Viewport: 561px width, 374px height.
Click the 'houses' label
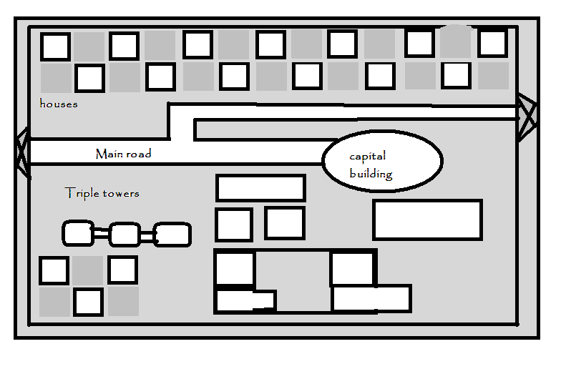click(59, 104)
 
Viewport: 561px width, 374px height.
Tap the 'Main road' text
click(123, 154)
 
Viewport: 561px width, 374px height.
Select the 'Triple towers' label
click(102, 193)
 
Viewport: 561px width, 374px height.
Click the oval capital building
click(381, 161)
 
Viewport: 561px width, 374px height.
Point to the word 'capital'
click(367, 157)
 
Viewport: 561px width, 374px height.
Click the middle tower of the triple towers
click(125, 234)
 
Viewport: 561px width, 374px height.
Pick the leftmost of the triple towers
click(78, 233)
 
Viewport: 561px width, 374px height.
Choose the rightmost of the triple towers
click(172, 234)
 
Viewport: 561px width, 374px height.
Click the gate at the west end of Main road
click(23, 153)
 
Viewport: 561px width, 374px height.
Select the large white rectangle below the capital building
click(427, 220)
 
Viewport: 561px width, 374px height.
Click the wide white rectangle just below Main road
click(260, 187)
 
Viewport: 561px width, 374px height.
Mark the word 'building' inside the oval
click(371, 174)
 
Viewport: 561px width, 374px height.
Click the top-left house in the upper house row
click(55, 46)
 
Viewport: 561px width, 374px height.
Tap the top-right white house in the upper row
click(492, 43)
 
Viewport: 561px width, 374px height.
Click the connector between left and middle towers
click(101, 233)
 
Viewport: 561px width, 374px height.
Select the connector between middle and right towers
click(147, 234)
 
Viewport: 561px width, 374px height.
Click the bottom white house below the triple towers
click(89, 302)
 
